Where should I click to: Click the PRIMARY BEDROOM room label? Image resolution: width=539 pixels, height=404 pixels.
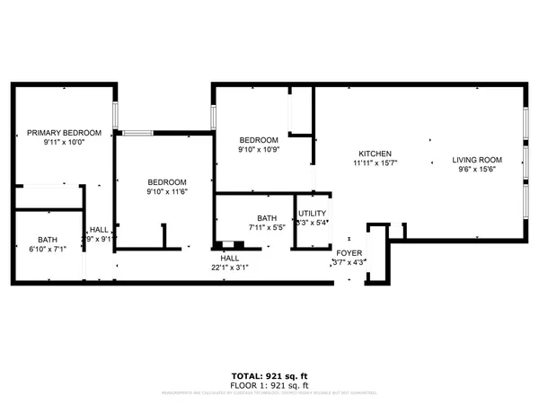pos(63,132)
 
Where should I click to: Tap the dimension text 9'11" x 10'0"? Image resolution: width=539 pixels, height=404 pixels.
pos(63,142)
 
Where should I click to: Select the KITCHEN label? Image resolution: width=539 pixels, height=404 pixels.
pos(374,153)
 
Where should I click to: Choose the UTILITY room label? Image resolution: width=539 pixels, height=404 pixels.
pos(312,214)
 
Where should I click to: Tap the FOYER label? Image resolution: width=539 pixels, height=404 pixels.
pos(349,253)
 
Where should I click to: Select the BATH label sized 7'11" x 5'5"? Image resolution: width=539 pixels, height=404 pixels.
pos(267,218)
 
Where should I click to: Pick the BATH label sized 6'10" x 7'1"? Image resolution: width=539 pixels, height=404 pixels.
pos(47,239)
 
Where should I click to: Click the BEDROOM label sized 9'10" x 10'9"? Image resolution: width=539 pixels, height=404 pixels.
pos(258,140)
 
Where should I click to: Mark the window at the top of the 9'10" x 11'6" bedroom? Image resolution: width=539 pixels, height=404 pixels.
pos(138,134)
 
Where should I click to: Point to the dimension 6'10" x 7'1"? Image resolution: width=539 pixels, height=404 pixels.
pos(47,250)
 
